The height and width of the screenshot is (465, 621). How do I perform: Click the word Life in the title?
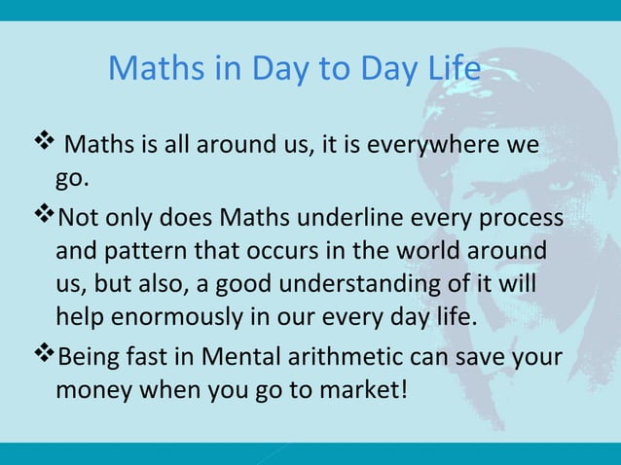click(x=452, y=69)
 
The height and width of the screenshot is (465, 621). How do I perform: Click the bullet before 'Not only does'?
click(x=44, y=214)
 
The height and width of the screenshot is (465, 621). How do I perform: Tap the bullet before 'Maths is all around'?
click(x=44, y=145)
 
